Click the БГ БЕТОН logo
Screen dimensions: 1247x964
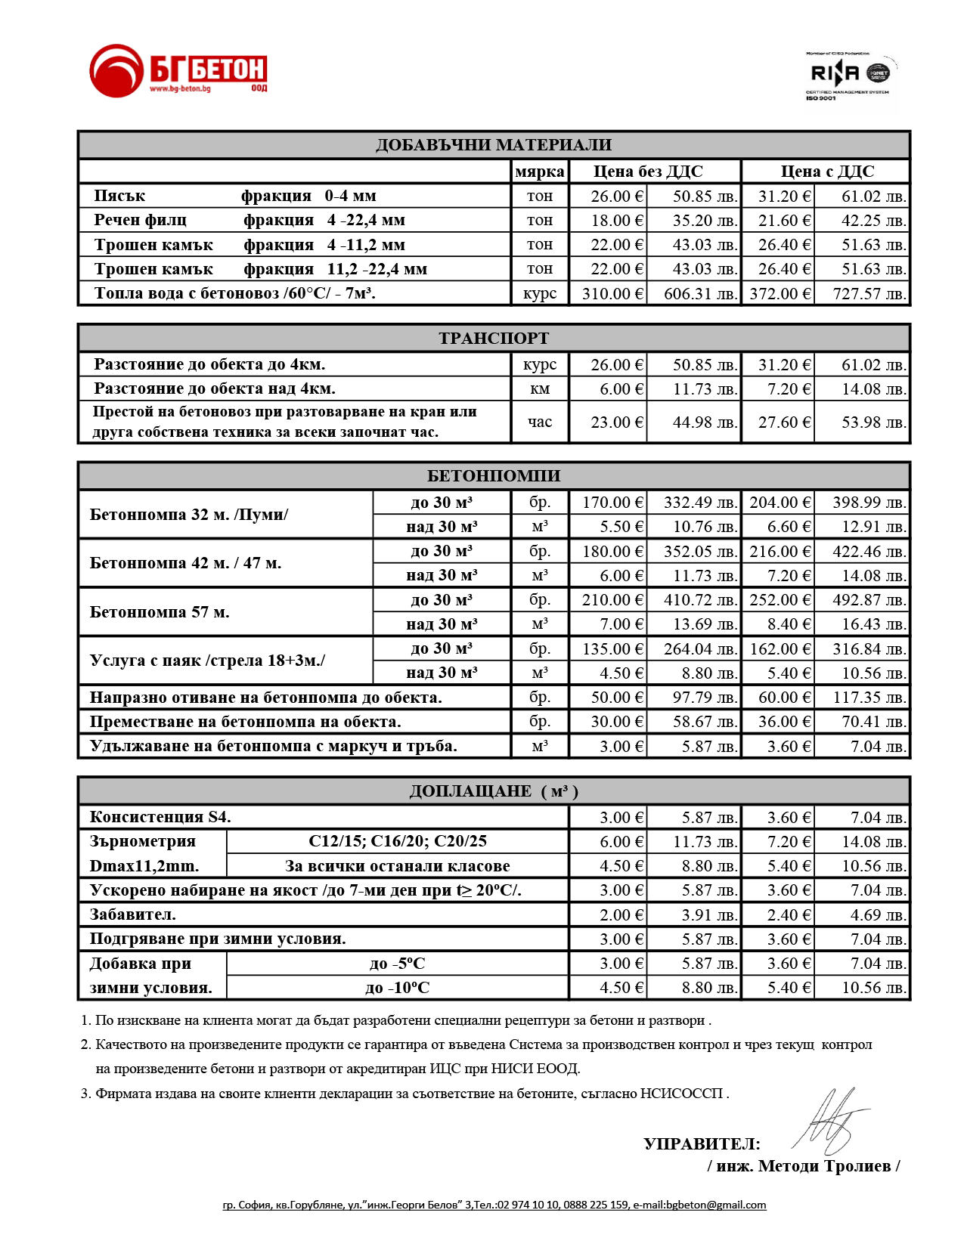[x=178, y=70]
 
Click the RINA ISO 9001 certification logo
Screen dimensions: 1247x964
[x=848, y=76]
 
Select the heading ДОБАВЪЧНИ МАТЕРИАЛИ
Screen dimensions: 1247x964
[x=494, y=145]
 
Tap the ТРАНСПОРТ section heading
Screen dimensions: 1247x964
[x=494, y=339]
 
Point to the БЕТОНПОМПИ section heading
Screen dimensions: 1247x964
[x=494, y=476]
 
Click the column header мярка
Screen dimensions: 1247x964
[x=539, y=172]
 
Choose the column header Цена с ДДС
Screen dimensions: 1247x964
[x=826, y=172]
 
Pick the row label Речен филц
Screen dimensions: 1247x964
[x=141, y=221]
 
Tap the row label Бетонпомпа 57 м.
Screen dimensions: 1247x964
[x=160, y=612]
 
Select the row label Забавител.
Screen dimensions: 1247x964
[x=132, y=915]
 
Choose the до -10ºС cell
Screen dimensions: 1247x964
[x=397, y=988]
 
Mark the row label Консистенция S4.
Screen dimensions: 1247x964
[x=160, y=818]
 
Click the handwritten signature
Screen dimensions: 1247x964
[x=830, y=1122]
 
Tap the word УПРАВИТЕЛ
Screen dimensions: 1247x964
[x=702, y=1144]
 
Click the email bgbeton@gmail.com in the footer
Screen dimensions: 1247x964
[x=715, y=1205]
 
